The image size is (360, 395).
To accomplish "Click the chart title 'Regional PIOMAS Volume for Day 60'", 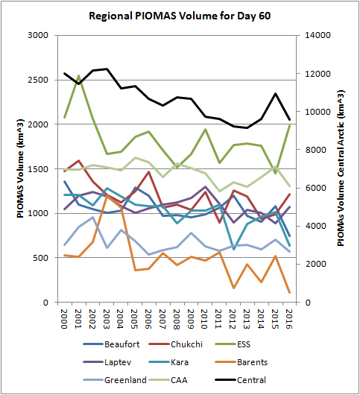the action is tap(180, 16).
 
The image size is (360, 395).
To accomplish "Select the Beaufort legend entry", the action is tap(111, 344).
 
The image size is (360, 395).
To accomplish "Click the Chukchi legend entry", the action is tap(176, 344).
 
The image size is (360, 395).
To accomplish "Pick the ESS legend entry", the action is tap(233, 344).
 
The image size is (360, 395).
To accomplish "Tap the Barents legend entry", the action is tap(241, 362).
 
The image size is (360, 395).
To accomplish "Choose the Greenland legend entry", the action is tap(115, 380).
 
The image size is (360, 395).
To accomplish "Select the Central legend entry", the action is tap(241, 380).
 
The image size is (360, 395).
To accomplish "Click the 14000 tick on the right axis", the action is tap(318, 35).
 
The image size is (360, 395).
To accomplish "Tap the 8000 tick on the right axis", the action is tap(316, 150).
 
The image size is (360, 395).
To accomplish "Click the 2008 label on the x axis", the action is tap(176, 319).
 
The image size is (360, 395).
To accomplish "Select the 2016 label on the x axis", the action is tap(288, 319).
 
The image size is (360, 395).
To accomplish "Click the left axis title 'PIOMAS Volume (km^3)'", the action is tap(20, 168).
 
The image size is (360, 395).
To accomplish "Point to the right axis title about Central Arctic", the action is tap(341, 168).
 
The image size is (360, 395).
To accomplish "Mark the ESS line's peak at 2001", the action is tap(78, 75).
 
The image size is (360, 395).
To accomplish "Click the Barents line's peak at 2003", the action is tap(107, 195).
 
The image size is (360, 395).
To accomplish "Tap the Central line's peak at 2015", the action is tap(275, 93).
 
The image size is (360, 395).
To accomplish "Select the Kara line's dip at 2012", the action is tap(234, 249).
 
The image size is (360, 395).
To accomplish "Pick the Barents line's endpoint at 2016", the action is tap(289, 292).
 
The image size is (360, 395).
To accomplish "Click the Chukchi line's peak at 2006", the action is tap(149, 172).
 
